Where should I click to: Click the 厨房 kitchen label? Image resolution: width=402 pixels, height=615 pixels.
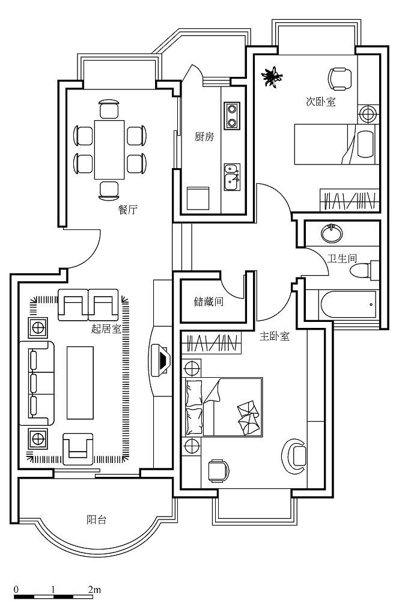[x=204, y=137]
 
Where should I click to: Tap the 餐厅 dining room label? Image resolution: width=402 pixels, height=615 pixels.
[x=128, y=210]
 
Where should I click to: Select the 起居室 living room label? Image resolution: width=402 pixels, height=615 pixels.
[x=106, y=329]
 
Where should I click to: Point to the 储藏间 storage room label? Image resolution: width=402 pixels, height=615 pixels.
[x=209, y=301]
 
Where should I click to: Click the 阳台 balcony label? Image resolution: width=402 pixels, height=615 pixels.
[x=96, y=520]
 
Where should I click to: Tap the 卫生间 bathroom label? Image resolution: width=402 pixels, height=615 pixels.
[x=343, y=258]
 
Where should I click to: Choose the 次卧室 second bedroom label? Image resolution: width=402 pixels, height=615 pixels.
[x=321, y=101]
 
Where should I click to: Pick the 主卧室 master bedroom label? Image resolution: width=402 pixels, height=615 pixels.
[x=275, y=336]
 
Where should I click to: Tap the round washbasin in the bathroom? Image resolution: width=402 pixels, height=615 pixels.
[x=332, y=234]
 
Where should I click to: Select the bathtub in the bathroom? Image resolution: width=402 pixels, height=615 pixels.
[x=349, y=304]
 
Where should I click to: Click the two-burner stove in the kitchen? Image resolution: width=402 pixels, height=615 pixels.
[x=232, y=116]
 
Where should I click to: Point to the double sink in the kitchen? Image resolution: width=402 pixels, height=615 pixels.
[x=232, y=177]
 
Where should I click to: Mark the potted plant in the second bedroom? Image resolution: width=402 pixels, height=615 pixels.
[x=272, y=76]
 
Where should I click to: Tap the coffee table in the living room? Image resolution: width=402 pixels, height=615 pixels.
[x=80, y=383]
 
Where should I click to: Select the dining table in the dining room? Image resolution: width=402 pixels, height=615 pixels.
[x=109, y=150]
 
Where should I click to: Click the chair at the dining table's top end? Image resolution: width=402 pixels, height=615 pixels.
[x=109, y=109]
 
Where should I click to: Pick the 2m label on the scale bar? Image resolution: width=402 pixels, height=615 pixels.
[x=94, y=590]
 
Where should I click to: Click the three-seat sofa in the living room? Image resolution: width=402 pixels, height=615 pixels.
[x=37, y=383]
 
